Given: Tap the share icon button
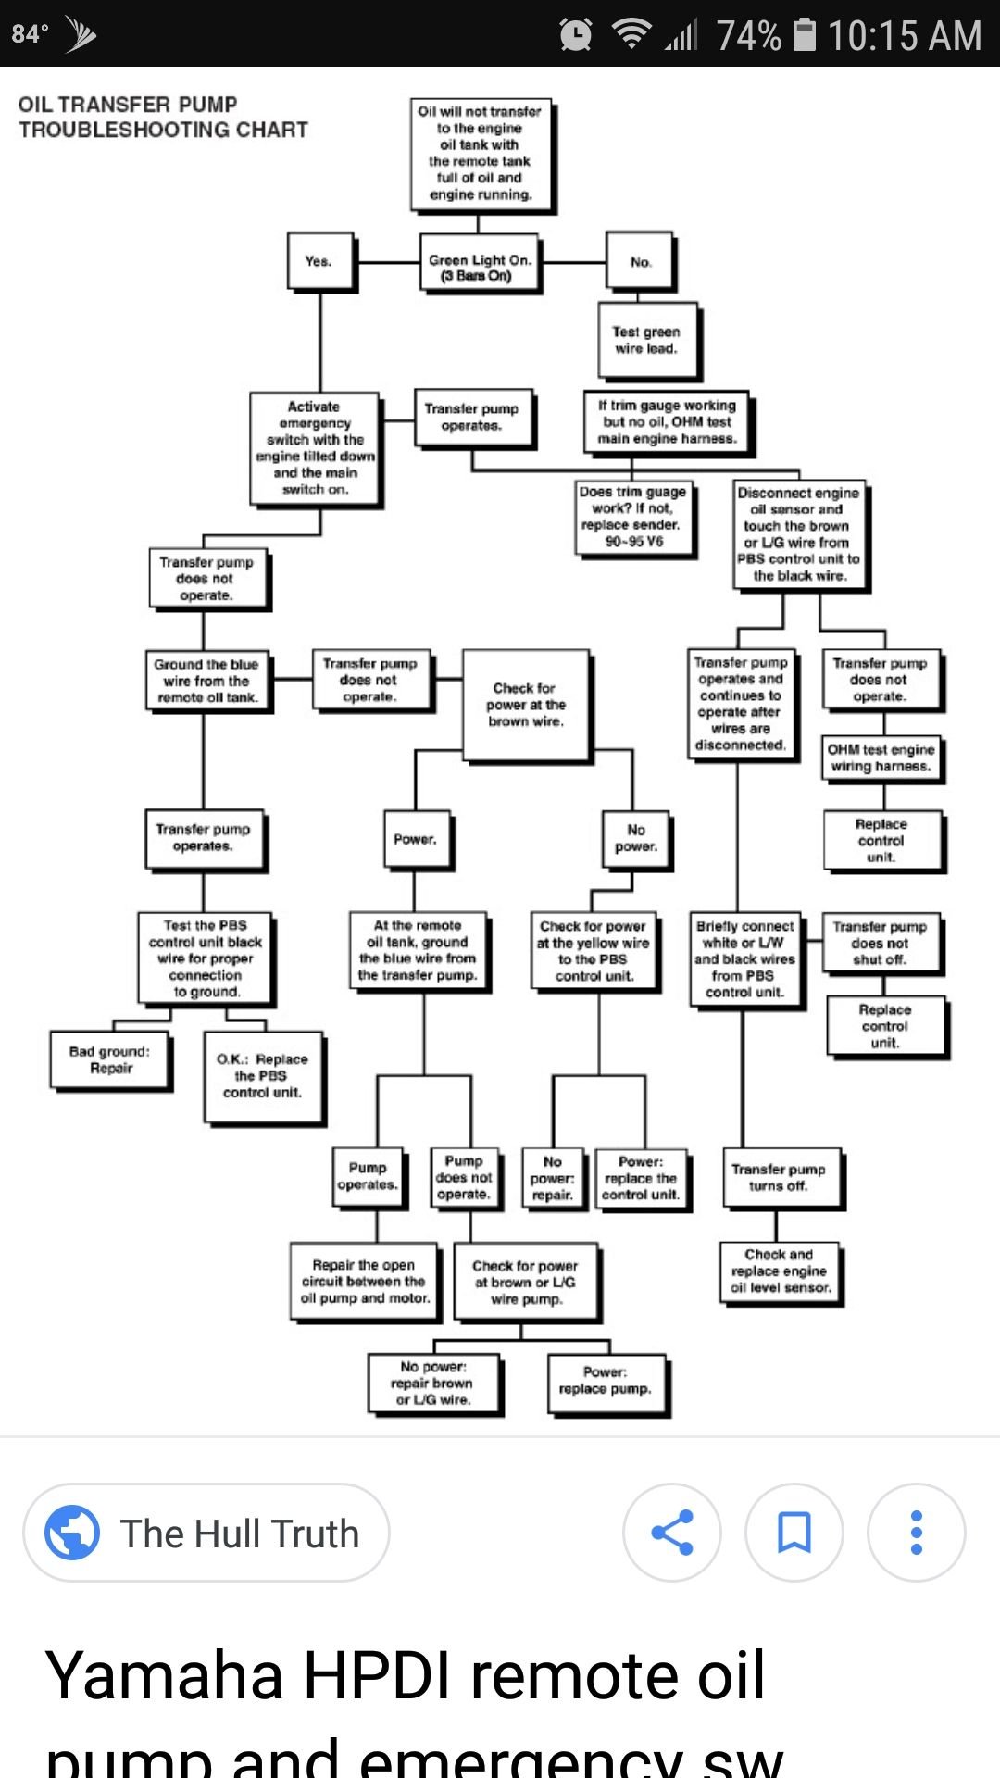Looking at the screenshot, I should pyautogui.click(x=672, y=1533).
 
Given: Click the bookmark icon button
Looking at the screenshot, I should pyautogui.click(x=794, y=1533).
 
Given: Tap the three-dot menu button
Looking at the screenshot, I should pyautogui.click(x=916, y=1533).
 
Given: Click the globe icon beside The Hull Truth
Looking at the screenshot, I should pyautogui.click(x=72, y=1533).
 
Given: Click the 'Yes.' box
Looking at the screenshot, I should pyautogui.click(x=319, y=262).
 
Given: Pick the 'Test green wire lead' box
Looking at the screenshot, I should pyautogui.click(x=646, y=340).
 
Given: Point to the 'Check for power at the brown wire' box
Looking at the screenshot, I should pyautogui.click(x=526, y=705).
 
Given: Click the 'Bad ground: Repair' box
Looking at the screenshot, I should pyautogui.click(x=110, y=1059).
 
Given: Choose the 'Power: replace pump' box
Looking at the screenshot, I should pyautogui.click(x=606, y=1382).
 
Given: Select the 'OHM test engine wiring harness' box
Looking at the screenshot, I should pyautogui.click(x=881, y=758).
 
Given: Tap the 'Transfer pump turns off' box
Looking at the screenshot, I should pyautogui.click(x=781, y=1177).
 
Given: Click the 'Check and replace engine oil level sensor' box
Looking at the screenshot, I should pyautogui.click(x=781, y=1271).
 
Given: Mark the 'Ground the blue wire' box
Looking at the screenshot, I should pyautogui.click(x=206, y=681).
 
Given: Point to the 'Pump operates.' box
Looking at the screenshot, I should pyautogui.click(x=369, y=1176).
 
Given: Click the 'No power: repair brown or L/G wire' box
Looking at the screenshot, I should pyautogui.click(x=433, y=1383).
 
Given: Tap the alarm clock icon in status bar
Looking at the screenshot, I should pyautogui.click(x=576, y=34).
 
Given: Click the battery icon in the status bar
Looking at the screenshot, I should pyautogui.click(x=805, y=34).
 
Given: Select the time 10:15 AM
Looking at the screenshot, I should pyautogui.click(x=904, y=35).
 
